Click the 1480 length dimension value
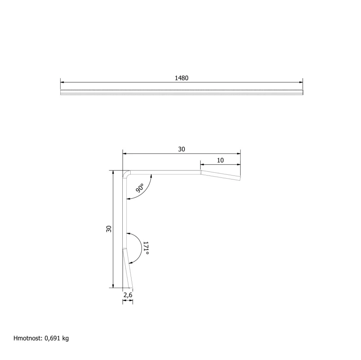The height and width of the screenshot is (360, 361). pyautogui.click(x=182, y=78)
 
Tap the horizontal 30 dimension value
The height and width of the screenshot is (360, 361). pyautogui.click(x=182, y=149)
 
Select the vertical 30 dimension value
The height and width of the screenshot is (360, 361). pyautogui.click(x=109, y=229)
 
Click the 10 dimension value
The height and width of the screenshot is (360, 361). pyautogui.click(x=220, y=160)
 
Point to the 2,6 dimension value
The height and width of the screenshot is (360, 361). pyautogui.click(x=128, y=295)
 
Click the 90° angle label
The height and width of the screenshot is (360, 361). pyautogui.click(x=140, y=188)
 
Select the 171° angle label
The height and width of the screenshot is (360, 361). pyautogui.click(x=146, y=248)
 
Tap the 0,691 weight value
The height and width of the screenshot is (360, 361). pyautogui.click(x=52, y=338)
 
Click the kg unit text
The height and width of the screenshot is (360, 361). pyautogui.click(x=66, y=339)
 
